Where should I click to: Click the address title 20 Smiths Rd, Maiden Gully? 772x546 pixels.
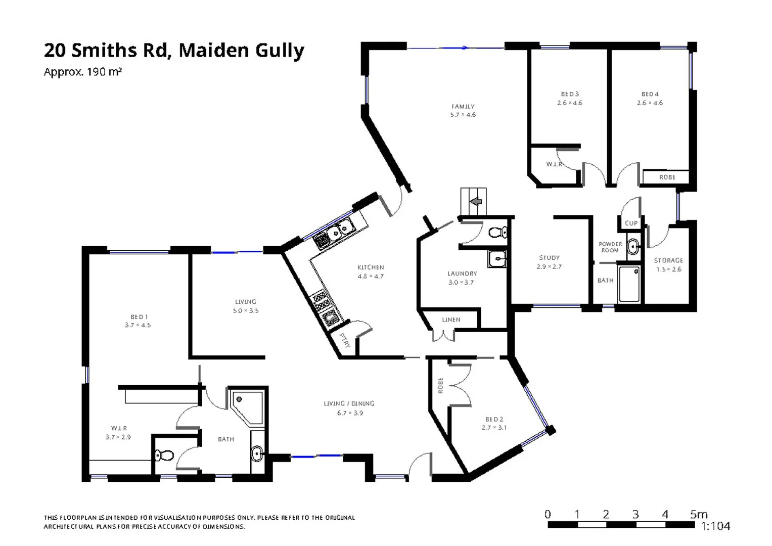(x=174, y=51)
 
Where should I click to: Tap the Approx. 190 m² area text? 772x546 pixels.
(x=82, y=72)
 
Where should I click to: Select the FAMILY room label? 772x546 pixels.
(x=463, y=106)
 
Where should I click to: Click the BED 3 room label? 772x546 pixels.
(x=570, y=94)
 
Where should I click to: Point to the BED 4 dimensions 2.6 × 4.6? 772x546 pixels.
(x=650, y=103)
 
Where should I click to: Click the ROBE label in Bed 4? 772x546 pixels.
(x=667, y=177)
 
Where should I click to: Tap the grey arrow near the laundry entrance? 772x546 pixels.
(x=475, y=202)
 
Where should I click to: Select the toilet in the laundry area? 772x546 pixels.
(x=497, y=233)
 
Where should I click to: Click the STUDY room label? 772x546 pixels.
(x=549, y=257)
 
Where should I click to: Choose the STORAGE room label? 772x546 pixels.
(x=668, y=260)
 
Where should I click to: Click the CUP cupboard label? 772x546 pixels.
(x=631, y=223)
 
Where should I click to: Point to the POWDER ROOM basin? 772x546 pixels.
(x=633, y=247)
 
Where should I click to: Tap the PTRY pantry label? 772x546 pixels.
(x=345, y=340)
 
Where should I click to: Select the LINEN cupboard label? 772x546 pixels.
(x=451, y=320)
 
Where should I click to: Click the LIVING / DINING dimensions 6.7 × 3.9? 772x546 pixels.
(x=350, y=413)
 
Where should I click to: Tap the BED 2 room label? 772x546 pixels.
(x=494, y=419)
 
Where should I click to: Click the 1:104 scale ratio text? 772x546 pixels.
(x=715, y=526)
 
